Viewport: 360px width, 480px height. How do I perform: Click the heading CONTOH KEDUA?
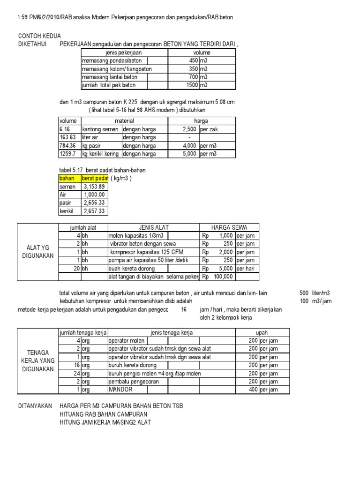(39, 36)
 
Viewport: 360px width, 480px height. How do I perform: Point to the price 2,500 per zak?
(192, 129)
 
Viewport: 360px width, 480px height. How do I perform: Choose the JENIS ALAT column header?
(154, 227)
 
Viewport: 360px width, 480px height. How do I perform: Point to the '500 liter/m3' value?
(315, 292)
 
